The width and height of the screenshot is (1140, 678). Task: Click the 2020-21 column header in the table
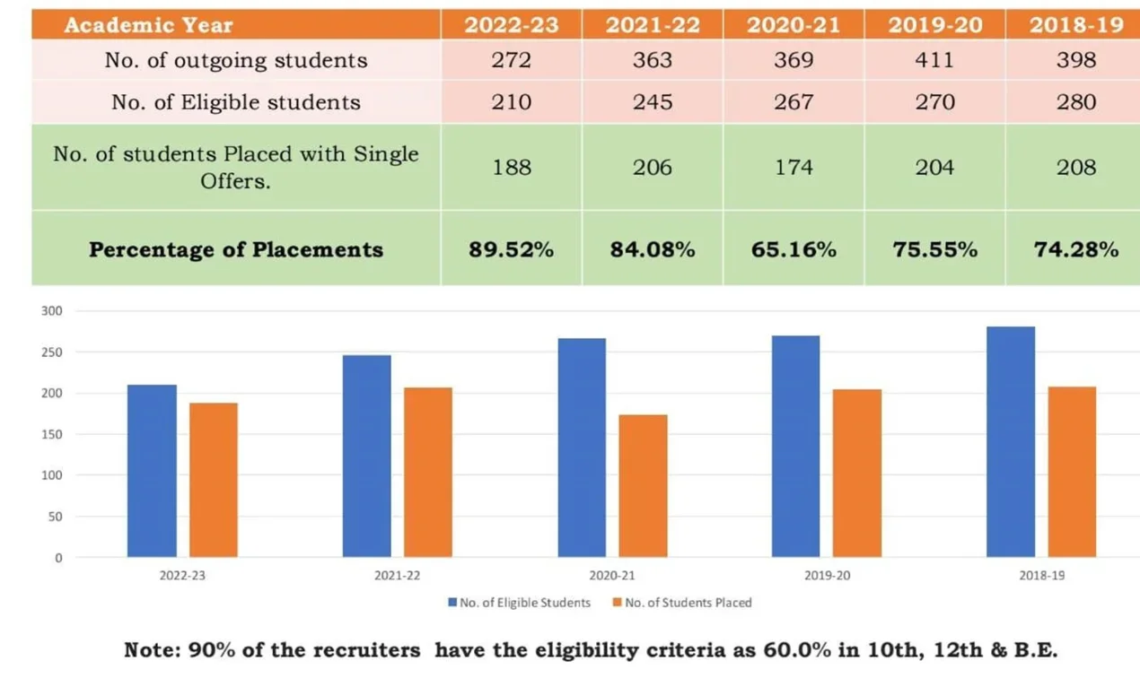pyautogui.click(x=794, y=25)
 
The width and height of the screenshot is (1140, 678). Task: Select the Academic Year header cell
pyautogui.click(x=149, y=25)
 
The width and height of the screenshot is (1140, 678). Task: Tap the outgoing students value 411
pyautogui.click(x=934, y=60)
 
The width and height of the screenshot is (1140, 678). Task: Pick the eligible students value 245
pyautogui.click(x=652, y=102)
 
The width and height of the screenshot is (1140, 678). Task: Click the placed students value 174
pyautogui.click(x=794, y=168)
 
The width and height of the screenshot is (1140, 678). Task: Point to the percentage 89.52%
pyautogui.click(x=511, y=249)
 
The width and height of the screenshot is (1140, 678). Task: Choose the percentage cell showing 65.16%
pyautogui.click(x=794, y=249)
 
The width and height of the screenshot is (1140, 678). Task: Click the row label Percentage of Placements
pyautogui.click(x=235, y=249)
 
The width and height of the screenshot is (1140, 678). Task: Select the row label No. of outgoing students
pyautogui.click(x=235, y=60)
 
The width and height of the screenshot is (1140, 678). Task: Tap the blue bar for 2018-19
pyautogui.click(x=1011, y=442)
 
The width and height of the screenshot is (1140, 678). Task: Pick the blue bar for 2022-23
pyautogui.click(x=152, y=471)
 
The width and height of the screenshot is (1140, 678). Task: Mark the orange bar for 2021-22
pyautogui.click(x=428, y=473)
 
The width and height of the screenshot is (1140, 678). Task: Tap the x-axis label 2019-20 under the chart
pyautogui.click(x=827, y=575)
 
